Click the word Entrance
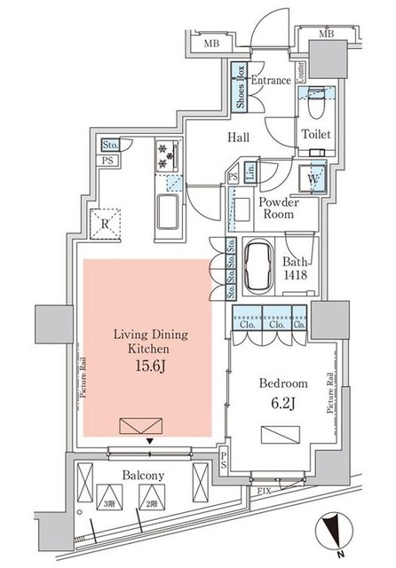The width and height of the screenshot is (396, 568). (271, 81)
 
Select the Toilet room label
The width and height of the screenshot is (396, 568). (316, 136)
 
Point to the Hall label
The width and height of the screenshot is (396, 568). (236, 138)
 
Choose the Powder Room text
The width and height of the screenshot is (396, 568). (276, 208)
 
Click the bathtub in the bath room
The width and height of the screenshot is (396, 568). (260, 264)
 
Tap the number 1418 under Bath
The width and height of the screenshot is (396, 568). (296, 274)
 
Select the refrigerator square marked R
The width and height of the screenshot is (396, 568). (106, 224)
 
